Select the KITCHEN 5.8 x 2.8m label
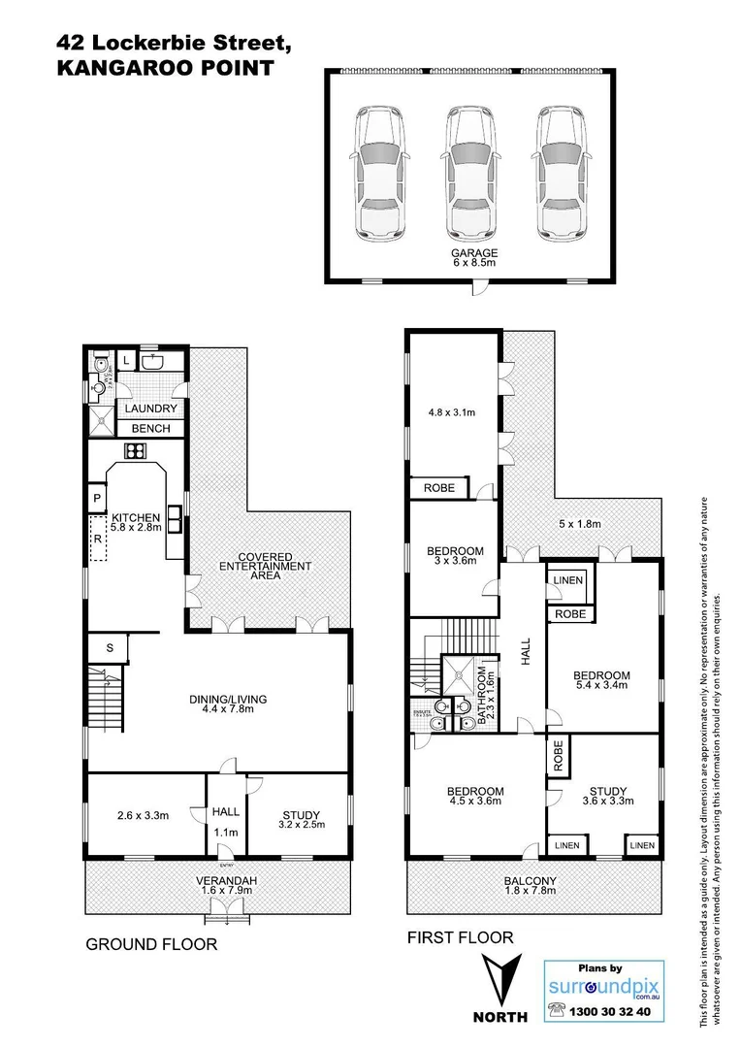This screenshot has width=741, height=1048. tap(135, 522)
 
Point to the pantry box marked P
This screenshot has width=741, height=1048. tap(98, 499)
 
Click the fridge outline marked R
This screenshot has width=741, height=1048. tap(98, 539)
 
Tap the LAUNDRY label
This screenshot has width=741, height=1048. tap(151, 409)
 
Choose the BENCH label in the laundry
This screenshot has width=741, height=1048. tap(150, 429)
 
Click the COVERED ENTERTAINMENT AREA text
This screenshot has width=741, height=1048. tap(265, 570)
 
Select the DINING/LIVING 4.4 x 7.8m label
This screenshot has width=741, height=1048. tap(228, 704)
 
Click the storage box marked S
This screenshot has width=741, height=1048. tap(110, 646)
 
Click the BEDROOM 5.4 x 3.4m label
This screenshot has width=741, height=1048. tap(601, 681)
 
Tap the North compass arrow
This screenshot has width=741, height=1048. tap(500, 980)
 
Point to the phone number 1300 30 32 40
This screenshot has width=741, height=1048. tap(614, 1011)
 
